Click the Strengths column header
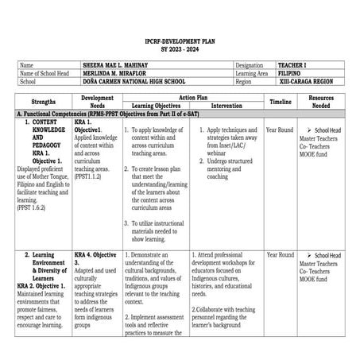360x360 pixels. click(43, 103)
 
